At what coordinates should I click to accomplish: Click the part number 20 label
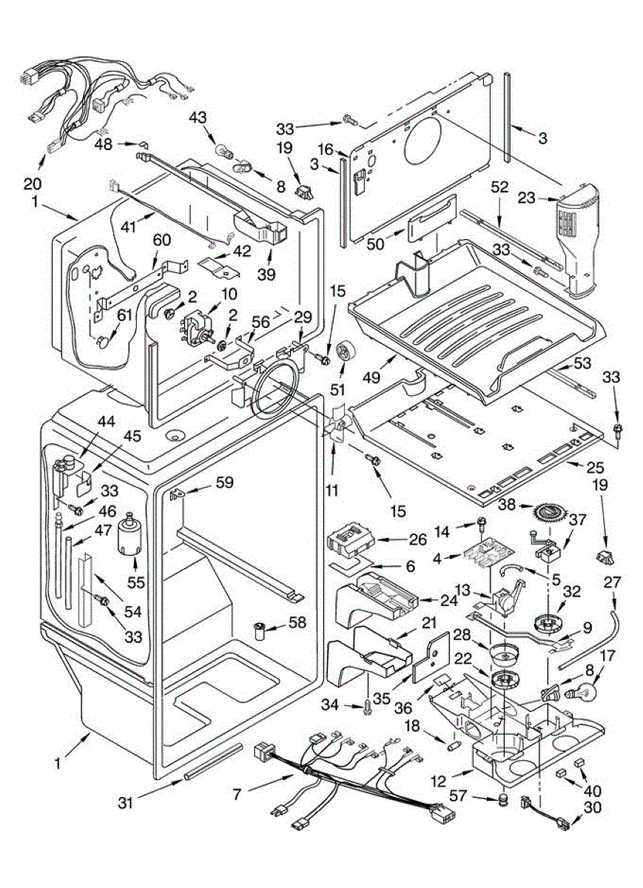point(32,183)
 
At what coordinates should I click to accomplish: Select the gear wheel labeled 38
point(550,511)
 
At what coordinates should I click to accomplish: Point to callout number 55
point(135,582)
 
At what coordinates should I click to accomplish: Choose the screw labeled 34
point(368,708)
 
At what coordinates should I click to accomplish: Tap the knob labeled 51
point(345,352)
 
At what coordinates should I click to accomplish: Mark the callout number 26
point(418,540)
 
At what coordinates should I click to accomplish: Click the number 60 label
point(161,240)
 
